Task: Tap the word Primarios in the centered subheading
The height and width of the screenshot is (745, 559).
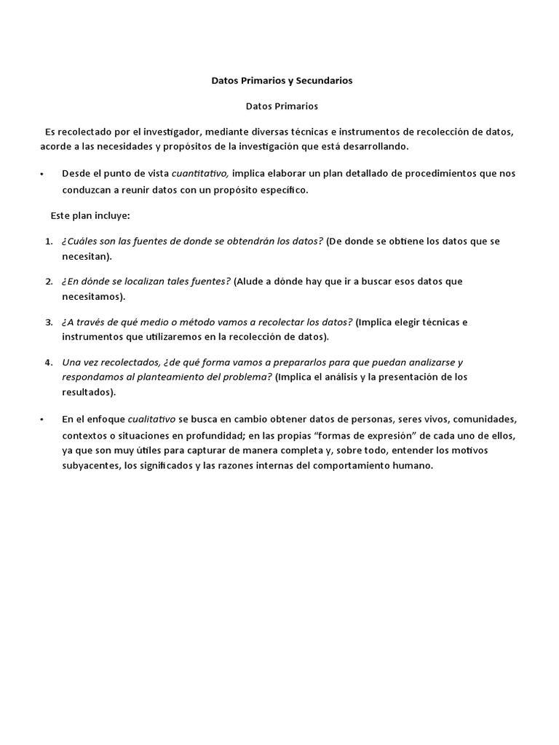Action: click(296, 105)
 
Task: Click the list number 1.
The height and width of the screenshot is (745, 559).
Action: click(48, 241)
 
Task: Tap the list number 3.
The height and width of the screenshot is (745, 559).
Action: click(48, 322)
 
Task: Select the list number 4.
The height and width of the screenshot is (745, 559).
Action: click(48, 362)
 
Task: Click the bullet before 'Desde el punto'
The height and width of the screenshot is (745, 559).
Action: click(43, 175)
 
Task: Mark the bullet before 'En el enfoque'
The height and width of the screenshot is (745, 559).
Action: click(43, 421)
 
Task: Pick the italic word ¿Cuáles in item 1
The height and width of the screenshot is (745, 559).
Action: click(79, 241)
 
